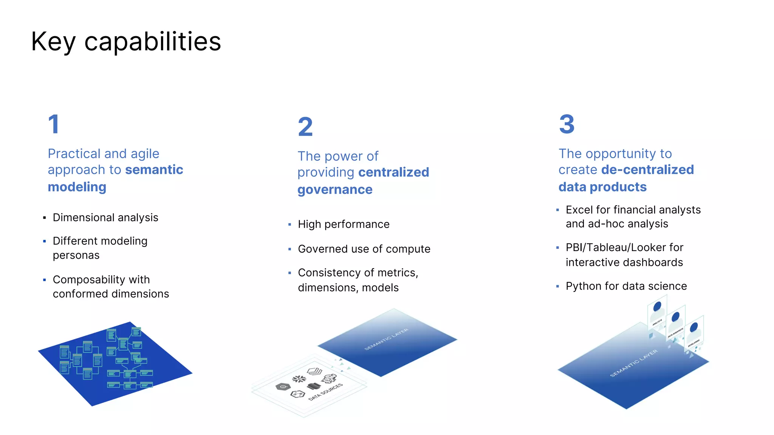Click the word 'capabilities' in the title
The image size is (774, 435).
point(152,42)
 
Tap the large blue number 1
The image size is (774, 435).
point(54,124)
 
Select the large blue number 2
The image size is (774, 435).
point(305,127)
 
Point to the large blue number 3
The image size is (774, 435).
point(567,124)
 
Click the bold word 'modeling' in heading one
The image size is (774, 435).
point(77,187)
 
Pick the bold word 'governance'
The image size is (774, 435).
point(335,190)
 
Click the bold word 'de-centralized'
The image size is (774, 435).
point(647,170)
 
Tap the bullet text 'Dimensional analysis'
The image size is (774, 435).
point(105,217)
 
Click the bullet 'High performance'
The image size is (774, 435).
point(344,224)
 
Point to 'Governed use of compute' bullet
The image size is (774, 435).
point(364,249)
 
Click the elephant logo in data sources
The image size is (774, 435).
point(330,378)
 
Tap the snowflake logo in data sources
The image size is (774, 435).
point(299,379)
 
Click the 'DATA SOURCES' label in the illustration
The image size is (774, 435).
point(325,392)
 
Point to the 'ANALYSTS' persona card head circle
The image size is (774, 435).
point(657,306)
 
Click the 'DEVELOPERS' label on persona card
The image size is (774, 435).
point(694,343)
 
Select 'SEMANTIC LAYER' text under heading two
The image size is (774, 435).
point(386,339)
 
